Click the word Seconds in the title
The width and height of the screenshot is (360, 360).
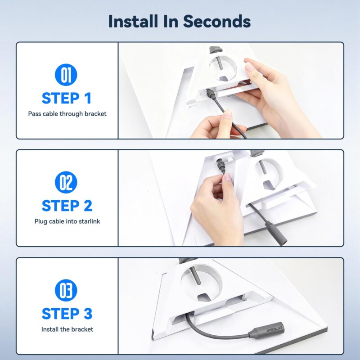pyautogui.click(x=217, y=21)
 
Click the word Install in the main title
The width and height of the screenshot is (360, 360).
pyautogui.click(x=133, y=21)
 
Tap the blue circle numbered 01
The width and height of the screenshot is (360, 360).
pyautogui.click(x=66, y=75)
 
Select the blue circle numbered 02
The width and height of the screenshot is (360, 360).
pyautogui.click(x=66, y=182)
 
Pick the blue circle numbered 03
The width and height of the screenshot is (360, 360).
pyautogui.click(x=66, y=290)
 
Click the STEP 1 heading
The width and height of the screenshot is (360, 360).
pyautogui.click(x=67, y=98)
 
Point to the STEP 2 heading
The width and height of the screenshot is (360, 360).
pyautogui.click(x=67, y=206)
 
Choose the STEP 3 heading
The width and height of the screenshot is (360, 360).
pyautogui.click(x=67, y=314)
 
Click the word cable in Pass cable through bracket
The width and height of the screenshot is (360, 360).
pyautogui.click(x=50, y=114)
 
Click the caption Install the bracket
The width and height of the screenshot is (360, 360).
pyautogui.click(x=67, y=329)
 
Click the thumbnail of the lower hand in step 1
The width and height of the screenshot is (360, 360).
pyautogui.click(x=228, y=114)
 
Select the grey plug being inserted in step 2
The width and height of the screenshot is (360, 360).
pyautogui.click(x=220, y=165)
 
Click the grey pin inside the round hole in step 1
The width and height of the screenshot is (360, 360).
pyautogui.click(x=220, y=63)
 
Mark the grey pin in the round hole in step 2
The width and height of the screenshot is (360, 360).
pyautogui.click(x=262, y=167)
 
